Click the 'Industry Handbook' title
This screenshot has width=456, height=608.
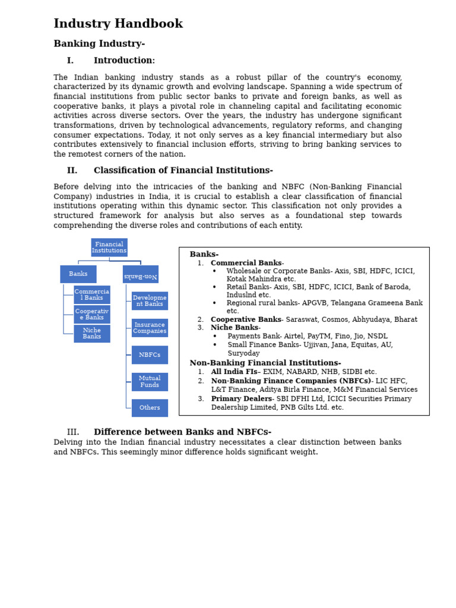click(x=118, y=24)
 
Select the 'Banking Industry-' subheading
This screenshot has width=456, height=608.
click(x=99, y=44)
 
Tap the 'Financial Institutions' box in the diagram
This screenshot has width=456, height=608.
click(x=109, y=248)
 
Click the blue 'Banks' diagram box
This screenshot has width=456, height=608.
click(x=78, y=274)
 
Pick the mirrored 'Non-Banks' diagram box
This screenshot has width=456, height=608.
click(x=141, y=274)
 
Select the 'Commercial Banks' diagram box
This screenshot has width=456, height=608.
click(x=92, y=295)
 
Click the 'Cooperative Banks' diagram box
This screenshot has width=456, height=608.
click(x=92, y=315)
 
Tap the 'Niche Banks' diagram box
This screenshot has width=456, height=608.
click(x=92, y=334)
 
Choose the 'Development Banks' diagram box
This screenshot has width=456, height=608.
click(x=150, y=301)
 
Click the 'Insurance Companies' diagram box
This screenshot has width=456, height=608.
click(x=150, y=328)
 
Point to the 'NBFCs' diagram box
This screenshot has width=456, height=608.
click(x=150, y=355)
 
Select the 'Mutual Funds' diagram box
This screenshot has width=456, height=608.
click(x=150, y=382)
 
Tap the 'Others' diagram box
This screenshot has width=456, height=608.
click(x=150, y=408)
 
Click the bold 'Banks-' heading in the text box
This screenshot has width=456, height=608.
click(x=204, y=255)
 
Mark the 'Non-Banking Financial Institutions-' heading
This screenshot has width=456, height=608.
click(x=265, y=363)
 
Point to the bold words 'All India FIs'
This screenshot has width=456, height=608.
click(x=234, y=372)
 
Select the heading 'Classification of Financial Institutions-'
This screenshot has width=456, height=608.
click(x=183, y=171)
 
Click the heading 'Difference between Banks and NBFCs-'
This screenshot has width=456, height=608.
click(x=182, y=432)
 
